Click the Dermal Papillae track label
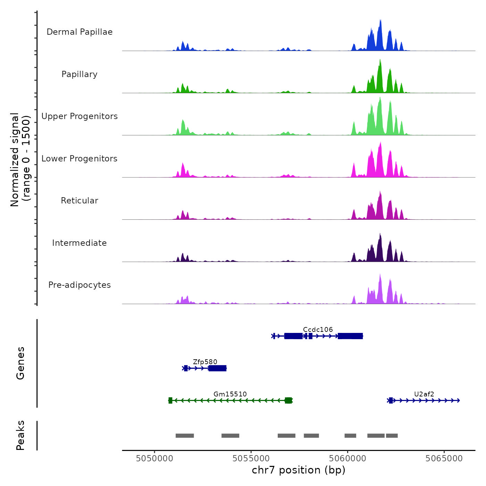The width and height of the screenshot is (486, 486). (79, 32)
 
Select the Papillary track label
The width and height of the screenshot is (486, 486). (79, 74)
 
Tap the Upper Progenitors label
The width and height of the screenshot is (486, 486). (79, 116)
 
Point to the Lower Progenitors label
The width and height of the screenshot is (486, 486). (79, 159)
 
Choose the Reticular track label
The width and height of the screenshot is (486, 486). (79, 201)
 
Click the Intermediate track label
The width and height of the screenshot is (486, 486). (79, 243)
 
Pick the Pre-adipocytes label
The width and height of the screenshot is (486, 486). (79, 285)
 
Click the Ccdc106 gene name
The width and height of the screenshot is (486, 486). (318, 329)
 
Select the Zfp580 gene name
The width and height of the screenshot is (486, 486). (205, 362)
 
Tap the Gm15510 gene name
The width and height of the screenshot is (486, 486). (230, 394)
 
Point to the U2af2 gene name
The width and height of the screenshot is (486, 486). (424, 394)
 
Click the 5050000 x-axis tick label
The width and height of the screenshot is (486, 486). (154, 459)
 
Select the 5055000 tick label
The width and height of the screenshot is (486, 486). (251, 459)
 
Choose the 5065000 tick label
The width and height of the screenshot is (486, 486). (444, 459)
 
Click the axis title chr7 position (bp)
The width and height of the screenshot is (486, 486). (299, 470)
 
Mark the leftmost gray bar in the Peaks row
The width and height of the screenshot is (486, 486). (185, 436)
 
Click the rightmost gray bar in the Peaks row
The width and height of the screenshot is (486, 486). (392, 436)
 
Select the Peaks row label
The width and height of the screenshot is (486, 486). (20, 435)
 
